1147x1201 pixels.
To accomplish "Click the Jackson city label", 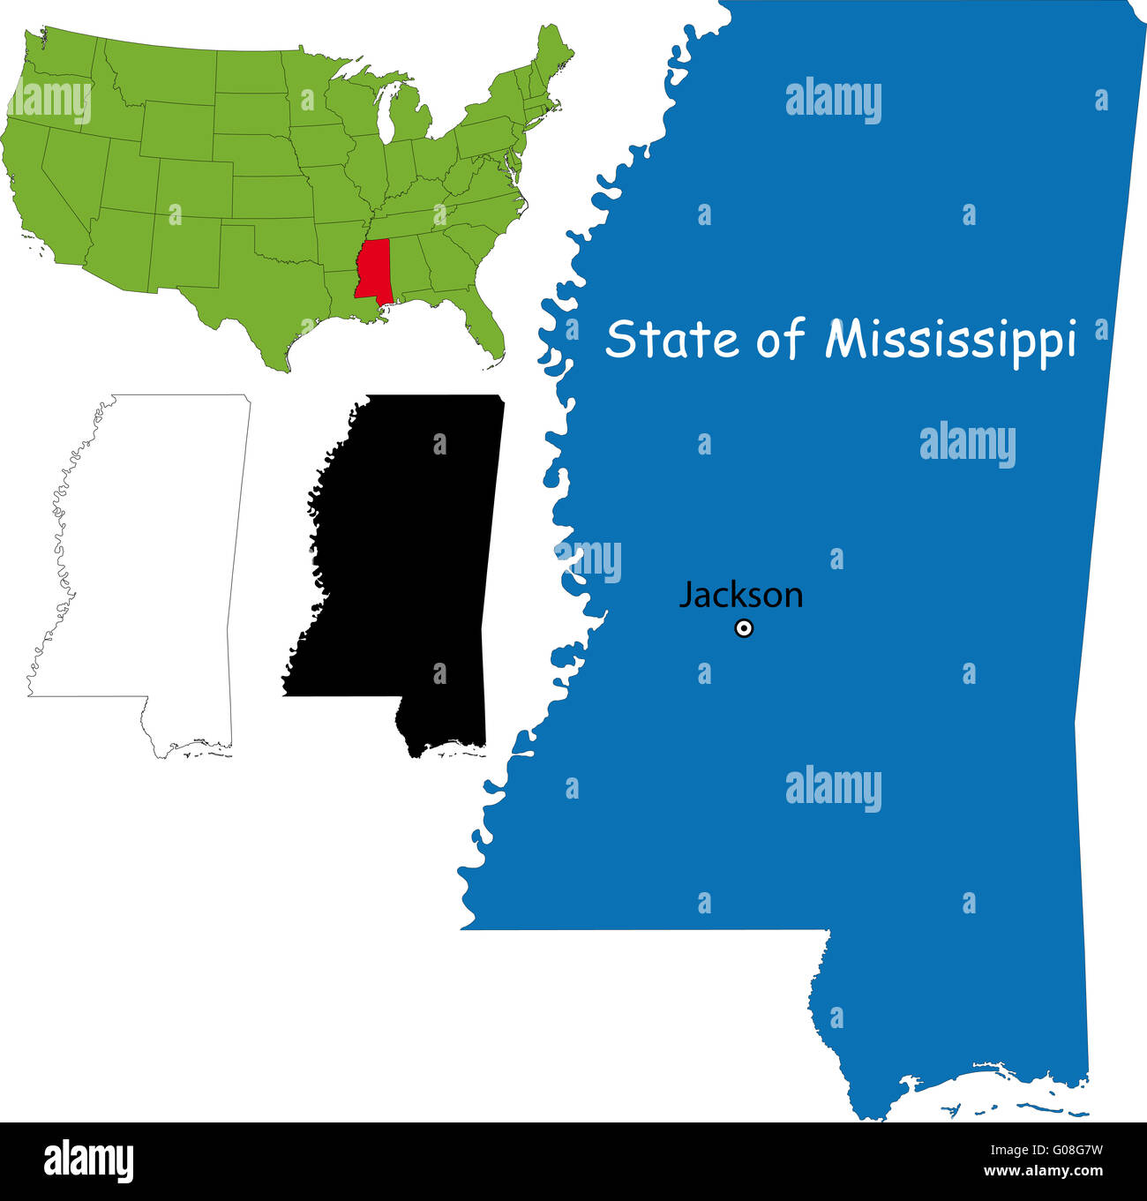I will [x=741, y=596].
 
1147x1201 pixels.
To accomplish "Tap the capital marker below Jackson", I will [x=744, y=629].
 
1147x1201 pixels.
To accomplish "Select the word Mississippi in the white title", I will [x=951, y=341].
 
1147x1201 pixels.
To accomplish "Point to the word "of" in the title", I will [x=780, y=339].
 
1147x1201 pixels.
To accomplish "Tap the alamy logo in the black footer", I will [x=89, y=1160].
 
